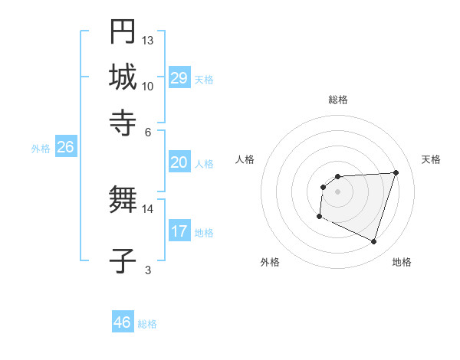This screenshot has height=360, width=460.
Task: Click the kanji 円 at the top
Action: (123, 32)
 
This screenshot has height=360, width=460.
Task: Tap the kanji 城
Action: (123, 76)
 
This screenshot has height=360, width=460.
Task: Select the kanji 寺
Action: (123, 119)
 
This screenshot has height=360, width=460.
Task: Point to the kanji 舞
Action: (123, 200)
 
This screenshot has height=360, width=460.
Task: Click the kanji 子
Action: (123, 260)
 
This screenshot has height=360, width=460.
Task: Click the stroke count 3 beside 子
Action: (148, 270)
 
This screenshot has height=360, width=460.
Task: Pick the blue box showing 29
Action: (179, 78)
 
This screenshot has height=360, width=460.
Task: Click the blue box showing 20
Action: (179, 162)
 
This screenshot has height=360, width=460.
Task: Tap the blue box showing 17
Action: (179, 231)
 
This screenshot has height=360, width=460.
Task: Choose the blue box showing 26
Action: (65, 148)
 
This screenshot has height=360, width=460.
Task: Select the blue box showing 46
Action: (123, 322)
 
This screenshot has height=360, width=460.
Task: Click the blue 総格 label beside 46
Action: (147, 324)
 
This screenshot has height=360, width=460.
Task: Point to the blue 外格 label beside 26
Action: (41, 149)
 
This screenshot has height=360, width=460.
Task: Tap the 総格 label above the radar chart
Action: (337, 100)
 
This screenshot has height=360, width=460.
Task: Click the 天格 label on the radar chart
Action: (432, 159)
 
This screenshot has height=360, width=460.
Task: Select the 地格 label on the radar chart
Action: (402, 262)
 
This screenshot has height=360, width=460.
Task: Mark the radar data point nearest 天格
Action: (396, 172)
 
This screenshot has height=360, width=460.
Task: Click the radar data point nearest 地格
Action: (374, 242)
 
